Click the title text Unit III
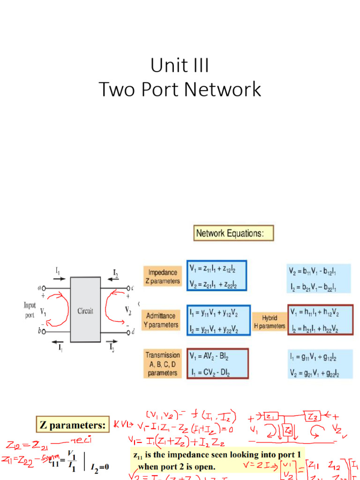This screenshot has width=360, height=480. (x=180, y=65)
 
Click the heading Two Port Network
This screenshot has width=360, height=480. (x=180, y=90)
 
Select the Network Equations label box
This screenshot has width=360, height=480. (x=233, y=233)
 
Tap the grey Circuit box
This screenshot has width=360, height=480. (x=85, y=309)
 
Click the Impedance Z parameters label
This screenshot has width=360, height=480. (x=162, y=277)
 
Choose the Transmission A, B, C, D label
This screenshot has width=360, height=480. (x=162, y=364)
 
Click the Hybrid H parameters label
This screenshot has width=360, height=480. (x=270, y=322)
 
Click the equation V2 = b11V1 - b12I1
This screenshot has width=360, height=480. (x=313, y=270)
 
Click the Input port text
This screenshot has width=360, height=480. (x=30, y=309)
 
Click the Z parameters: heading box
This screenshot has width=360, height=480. (x=72, y=425)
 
